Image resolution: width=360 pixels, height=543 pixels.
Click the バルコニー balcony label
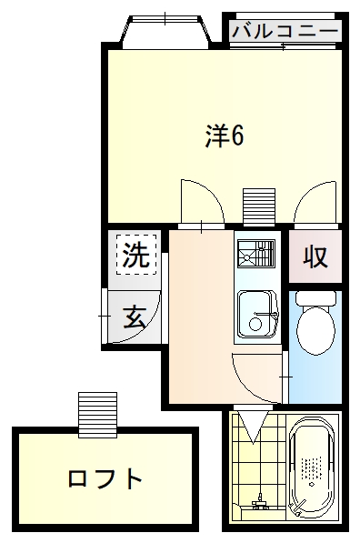click(x=285, y=31)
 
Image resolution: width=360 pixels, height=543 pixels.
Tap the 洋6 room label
click(x=224, y=136)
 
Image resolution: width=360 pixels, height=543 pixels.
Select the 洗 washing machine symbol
click(x=135, y=256)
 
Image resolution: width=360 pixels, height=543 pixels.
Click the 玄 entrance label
click(x=135, y=317)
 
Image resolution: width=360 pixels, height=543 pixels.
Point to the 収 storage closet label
click(x=315, y=257)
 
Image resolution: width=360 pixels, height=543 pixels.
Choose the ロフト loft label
click(x=105, y=478)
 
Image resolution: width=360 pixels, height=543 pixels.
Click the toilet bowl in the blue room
click(x=315, y=327)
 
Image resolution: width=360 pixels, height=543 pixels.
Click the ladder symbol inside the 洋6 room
click(x=258, y=204)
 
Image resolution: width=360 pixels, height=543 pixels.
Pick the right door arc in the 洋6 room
click(x=316, y=201)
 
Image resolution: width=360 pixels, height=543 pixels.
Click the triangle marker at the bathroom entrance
click(x=251, y=419)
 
